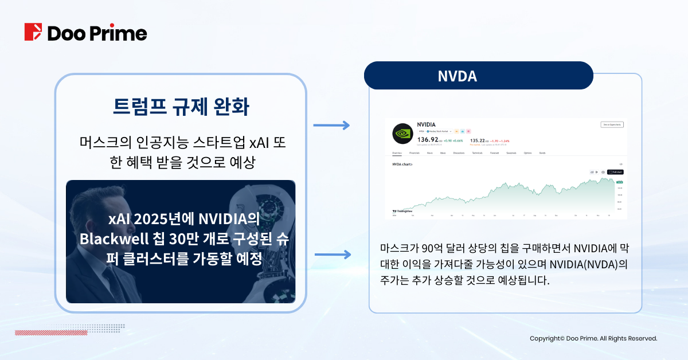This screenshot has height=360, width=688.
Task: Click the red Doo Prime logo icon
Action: [x=33, y=32]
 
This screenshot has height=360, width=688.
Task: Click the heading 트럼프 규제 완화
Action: [x=181, y=107]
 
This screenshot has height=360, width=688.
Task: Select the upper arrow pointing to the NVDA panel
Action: [x=331, y=125]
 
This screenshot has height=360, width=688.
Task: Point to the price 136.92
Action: [x=428, y=139]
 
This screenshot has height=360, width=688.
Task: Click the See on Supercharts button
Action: [x=612, y=124]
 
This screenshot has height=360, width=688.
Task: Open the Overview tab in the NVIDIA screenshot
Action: [x=397, y=153]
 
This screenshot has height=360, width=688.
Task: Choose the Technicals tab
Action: [x=476, y=153]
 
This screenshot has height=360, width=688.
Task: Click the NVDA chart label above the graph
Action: [x=402, y=165]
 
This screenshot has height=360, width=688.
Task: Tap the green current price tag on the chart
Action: [x=619, y=182]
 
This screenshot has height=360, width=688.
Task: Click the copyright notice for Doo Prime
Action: [x=593, y=339]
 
